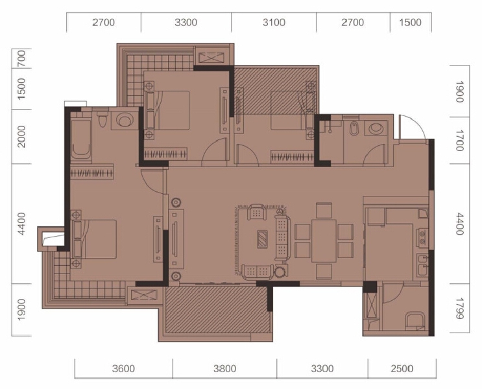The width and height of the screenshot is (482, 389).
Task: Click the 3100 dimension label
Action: [274, 23]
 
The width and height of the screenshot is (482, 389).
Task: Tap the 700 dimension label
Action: [21, 58]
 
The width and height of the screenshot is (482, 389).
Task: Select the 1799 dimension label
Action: [459, 308]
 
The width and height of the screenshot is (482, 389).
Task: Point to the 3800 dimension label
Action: [224, 368]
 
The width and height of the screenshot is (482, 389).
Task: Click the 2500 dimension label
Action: [402, 368]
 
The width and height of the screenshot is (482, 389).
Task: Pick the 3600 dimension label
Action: [123, 368]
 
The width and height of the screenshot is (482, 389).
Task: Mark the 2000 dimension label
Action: [21, 136]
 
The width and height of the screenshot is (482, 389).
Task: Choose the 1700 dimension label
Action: [459, 140]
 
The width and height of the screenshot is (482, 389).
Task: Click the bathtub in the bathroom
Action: [81, 139]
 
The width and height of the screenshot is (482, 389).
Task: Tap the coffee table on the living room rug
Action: [262, 239]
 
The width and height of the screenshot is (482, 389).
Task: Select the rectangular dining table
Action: [324, 241]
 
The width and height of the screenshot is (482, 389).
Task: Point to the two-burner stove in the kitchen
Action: [422, 237]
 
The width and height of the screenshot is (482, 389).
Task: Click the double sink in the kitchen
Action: [423, 265]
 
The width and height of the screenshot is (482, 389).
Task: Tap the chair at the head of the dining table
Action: [324, 210]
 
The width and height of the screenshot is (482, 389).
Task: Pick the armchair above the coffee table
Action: [257, 212]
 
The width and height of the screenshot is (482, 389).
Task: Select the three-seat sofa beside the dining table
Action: [282, 238]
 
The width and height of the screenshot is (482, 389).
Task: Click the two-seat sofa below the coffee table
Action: [258, 272]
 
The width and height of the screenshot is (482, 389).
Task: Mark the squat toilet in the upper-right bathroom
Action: [354, 129]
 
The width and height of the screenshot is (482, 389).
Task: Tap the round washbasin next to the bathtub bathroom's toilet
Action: [125, 120]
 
